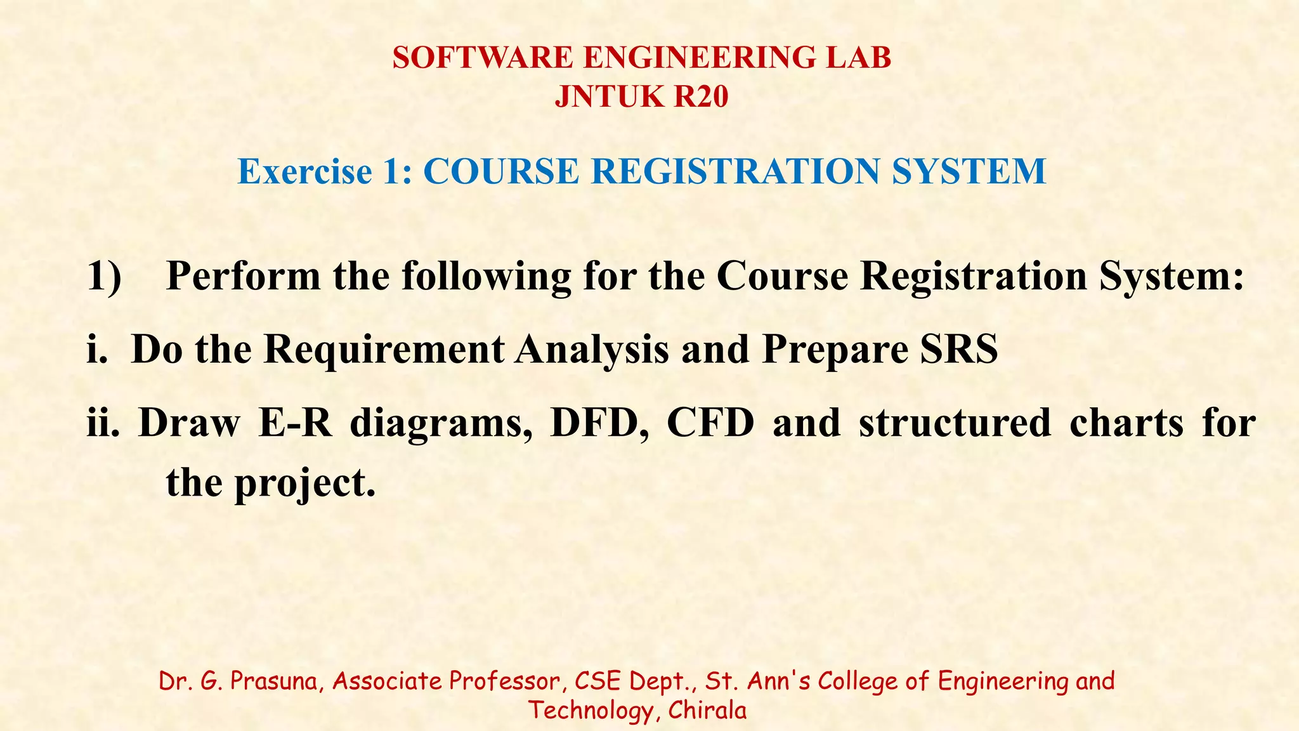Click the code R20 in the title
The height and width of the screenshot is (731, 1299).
(x=700, y=97)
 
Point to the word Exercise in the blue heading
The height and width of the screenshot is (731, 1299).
(x=304, y=171)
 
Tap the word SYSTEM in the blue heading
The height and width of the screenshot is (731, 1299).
(x=969, y=171)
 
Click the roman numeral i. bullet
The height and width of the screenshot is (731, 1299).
(x=98, y=349)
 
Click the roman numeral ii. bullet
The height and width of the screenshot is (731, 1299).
(x=103, y=423)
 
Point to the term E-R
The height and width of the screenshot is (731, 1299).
(x=295, y=423)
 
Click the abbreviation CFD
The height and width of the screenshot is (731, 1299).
(x=710, y=423)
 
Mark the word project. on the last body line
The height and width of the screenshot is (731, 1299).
(x=305, y=484)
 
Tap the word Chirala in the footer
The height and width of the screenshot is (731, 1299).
(x=707, y=710)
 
